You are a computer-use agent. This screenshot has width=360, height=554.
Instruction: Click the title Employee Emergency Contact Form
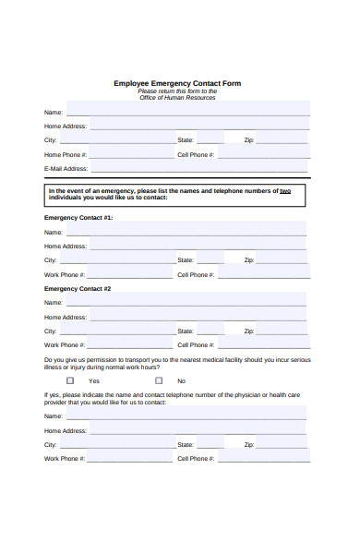tap(177, 83)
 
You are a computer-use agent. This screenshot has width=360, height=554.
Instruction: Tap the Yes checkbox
tap(70, 380)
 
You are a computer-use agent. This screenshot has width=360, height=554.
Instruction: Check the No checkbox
tap(159, 380)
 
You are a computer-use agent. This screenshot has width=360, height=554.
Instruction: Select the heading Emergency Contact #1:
tap(78, 217)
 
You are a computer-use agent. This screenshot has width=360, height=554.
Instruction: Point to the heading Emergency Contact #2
tap(78, 288)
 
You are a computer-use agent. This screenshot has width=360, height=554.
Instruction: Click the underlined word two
tap(285, 190)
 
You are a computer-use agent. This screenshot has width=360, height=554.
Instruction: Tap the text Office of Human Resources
tap(177, 98)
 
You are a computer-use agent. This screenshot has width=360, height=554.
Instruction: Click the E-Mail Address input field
tap(198, 168)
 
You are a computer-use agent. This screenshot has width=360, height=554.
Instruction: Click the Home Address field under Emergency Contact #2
tap(198, 316)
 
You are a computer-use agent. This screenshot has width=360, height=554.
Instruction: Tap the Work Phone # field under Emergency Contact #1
tap(130, 274)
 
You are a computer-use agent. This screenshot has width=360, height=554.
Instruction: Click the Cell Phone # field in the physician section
tap(264, 458)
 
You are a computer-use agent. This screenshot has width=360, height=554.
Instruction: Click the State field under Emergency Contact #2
tap(210, 330)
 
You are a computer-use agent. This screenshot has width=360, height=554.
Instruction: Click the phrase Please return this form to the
tap(177, 90)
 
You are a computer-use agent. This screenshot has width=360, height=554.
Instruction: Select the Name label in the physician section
tap(54, 416)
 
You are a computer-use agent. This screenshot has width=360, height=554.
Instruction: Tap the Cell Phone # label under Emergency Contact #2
tap(196, 344)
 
